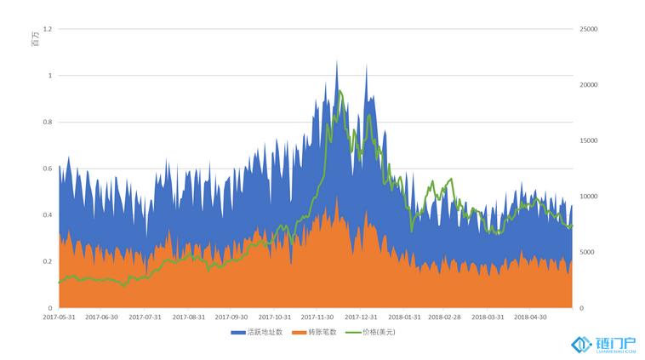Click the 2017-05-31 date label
(x=60, y=317)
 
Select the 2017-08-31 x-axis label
(x=188, y=317)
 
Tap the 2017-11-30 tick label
(x=318, y=317)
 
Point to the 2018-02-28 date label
(x=443, y=317)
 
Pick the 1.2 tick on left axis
(x=48, y=30)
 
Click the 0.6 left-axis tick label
(x=48, y=169)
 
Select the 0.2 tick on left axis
(x=48, y=261)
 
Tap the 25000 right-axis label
(x=589, y=30)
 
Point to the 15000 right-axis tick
(x=589, y=141)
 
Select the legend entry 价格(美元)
(x=379, y=332)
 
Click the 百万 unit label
(x=35, y=38)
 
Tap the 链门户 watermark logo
(x=604, y=344)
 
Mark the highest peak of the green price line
(x=340, y=91)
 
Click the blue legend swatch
(x=237, y=332)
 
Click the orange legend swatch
(x=298, y=332)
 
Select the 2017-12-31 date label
(x=361, y=317)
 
